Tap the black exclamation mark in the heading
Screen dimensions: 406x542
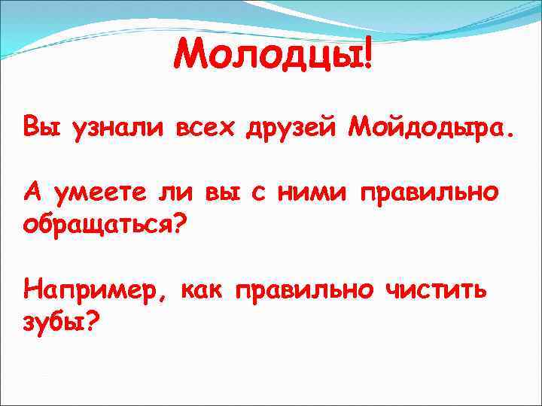pos(367,57)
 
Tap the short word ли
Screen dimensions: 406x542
pos(172,193)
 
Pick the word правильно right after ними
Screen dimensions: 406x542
pos(430,194)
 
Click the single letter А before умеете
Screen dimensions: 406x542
pos(32,192)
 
